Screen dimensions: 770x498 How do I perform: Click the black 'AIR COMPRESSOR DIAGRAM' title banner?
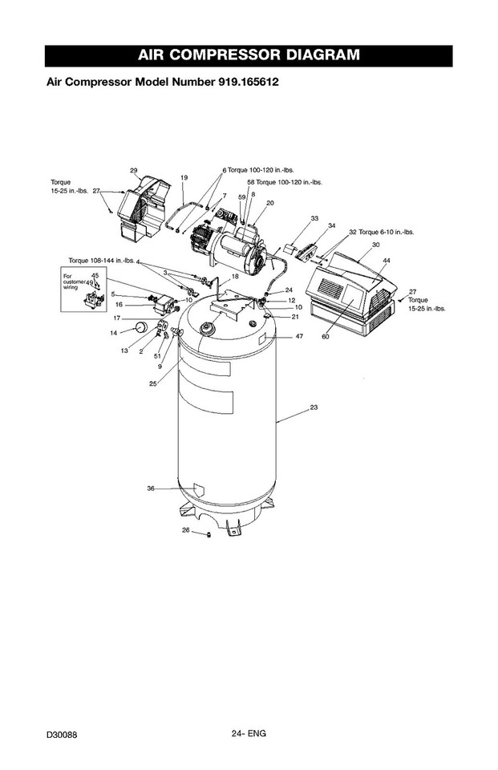249,55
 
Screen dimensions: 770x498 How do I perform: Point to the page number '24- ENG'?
249,732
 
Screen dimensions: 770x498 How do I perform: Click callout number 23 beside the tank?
314,408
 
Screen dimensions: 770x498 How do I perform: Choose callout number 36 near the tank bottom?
150,488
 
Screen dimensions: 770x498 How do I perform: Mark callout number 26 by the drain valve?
185,530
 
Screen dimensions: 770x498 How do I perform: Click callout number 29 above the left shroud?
134,170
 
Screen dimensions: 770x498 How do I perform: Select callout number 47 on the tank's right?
299,337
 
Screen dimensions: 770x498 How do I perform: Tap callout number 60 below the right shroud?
326,337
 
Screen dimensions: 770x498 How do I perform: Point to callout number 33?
314,218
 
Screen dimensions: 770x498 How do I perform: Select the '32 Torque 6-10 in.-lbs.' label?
380,232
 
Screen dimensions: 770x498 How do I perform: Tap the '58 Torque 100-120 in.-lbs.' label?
284,182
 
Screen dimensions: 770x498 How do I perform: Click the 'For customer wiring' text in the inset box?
75,282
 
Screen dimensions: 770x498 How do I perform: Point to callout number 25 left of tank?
152,383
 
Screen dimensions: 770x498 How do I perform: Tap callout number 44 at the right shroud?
387,261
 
